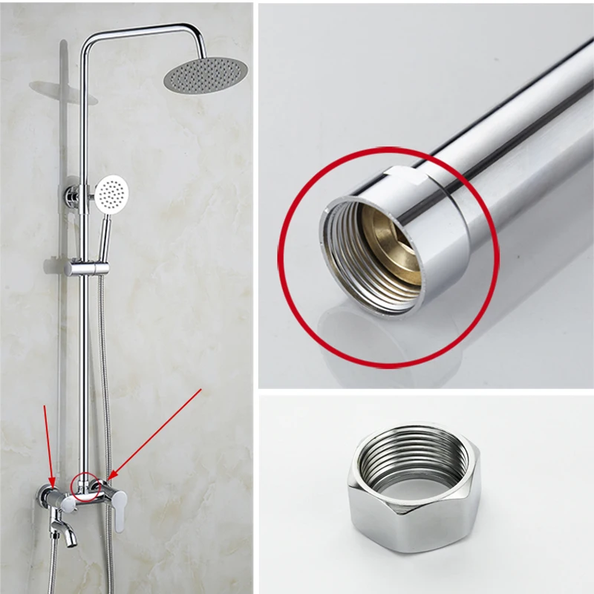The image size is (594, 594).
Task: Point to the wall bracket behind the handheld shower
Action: coord(71,195)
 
